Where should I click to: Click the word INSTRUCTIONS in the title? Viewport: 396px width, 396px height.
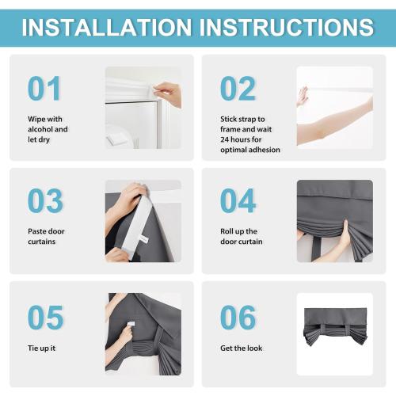click(287, 27)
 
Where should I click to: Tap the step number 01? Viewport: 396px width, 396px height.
click(44, 89)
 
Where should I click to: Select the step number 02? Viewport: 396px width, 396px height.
click(238, 89)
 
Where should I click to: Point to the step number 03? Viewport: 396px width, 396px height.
click(44, 201)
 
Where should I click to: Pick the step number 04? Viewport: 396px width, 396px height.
click(238, 201)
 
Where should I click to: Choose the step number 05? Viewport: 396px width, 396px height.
click(44, 317)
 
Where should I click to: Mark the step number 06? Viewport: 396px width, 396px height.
click(238, 317)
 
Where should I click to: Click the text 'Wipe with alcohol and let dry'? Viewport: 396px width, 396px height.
click(48, 128)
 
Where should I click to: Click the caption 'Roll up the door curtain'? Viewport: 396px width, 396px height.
click(241, 236)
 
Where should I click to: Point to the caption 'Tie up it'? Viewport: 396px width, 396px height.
click(41, 348)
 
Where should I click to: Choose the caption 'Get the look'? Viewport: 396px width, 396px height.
click(241, 348)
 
